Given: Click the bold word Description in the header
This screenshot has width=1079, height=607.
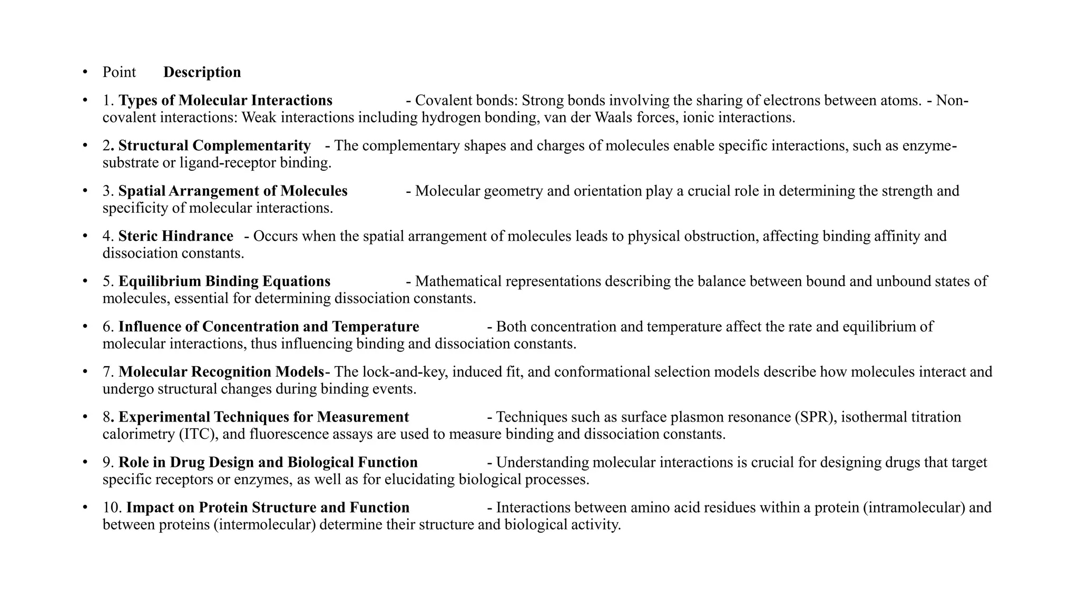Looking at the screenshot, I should click(x=202, y=72).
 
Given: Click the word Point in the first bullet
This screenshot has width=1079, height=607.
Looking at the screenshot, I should click(x=119, y=72).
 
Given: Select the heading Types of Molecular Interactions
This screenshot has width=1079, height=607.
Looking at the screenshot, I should click(x=225, y=101).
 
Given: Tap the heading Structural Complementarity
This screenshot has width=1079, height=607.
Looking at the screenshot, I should click(x=214, y=146).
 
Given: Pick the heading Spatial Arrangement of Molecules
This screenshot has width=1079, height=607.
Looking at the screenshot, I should click(x=233, y=191).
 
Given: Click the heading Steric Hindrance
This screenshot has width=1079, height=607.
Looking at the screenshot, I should click(x=175, y=237).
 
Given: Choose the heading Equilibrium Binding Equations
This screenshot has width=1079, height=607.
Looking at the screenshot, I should click(x=224, y=282).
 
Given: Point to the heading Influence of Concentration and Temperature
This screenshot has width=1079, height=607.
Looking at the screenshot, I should click(x=269, y=327).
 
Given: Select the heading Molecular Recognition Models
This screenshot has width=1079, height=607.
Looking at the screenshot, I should click(x=221, y=373).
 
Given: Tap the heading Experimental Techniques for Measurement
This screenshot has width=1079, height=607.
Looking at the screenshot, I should click(x=263, y=418).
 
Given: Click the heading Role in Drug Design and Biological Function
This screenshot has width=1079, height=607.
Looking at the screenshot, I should click(x=268, y=463).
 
